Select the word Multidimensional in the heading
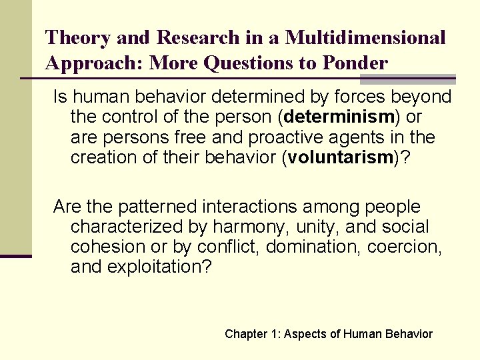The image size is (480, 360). tap(365, 38)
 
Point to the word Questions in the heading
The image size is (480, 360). tap(247, 63)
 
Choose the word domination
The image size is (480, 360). tap(312, 248)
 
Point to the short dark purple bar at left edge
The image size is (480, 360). tap(15, 255)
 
